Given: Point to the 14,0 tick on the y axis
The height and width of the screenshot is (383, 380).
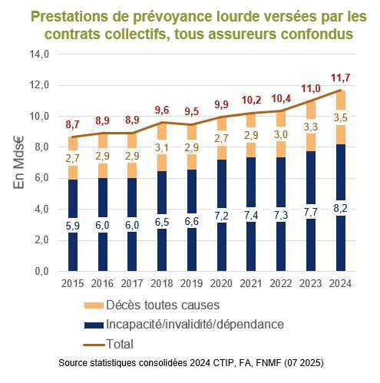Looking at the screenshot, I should point(38,54).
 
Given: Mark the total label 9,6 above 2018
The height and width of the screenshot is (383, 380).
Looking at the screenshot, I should point(161,110).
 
